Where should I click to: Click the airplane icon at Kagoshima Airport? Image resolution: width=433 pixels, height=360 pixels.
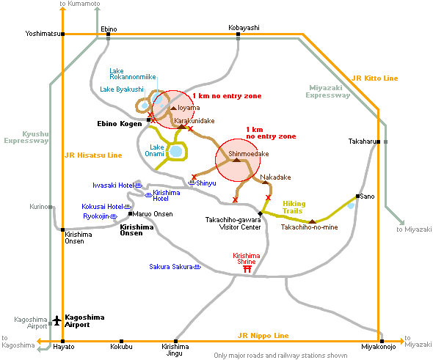57,320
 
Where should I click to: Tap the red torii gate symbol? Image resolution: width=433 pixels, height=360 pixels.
247,269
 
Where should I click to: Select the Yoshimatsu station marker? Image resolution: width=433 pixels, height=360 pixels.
63,34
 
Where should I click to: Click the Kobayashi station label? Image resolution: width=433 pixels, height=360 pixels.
244,28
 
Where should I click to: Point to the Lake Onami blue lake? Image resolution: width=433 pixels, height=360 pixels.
176,152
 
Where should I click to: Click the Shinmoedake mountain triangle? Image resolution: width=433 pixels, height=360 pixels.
236,160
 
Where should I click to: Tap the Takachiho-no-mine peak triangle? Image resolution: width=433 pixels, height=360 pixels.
312,221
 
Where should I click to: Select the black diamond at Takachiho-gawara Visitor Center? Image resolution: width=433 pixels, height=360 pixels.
260,213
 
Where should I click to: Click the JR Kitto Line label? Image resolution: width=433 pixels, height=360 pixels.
375,78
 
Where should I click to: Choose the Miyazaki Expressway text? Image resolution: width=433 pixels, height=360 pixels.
328,92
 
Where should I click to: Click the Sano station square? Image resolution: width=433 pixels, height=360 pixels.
357,196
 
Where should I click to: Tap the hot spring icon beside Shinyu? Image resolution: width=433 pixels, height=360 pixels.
192,183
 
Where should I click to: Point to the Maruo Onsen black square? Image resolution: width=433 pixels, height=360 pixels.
131,214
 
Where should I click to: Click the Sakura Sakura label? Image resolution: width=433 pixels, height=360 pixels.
171,267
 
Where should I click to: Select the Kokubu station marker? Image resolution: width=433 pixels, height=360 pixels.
121,341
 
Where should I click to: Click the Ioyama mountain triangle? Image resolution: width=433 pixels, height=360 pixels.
173,108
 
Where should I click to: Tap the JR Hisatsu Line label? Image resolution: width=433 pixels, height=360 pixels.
93,155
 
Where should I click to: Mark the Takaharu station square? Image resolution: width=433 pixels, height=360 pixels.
378,142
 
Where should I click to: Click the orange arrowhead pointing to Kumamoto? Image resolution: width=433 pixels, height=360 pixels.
63,9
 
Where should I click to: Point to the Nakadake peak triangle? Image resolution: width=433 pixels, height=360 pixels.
265,183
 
